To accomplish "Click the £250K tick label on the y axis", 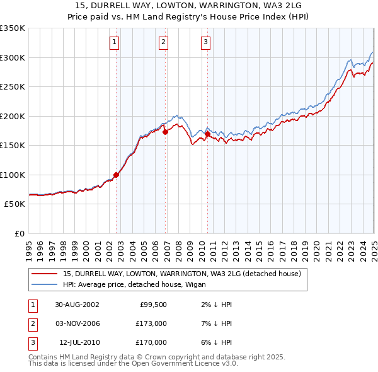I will [x=13, y=86].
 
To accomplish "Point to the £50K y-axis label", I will [x=14, y=204].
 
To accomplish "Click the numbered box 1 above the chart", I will [x=114, y=42].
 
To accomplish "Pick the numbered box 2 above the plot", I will [x=163, y=42].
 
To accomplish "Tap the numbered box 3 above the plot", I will [x=205, y=42].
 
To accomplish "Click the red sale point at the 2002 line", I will [x=117, y=175].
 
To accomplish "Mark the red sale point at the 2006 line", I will [x=165, y=132].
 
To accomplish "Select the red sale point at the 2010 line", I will [x=207, y=134].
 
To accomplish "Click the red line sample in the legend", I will [x=43, y=274].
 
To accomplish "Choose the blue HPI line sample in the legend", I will [x=43, y=284].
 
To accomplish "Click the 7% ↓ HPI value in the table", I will [x=214, y=323].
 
